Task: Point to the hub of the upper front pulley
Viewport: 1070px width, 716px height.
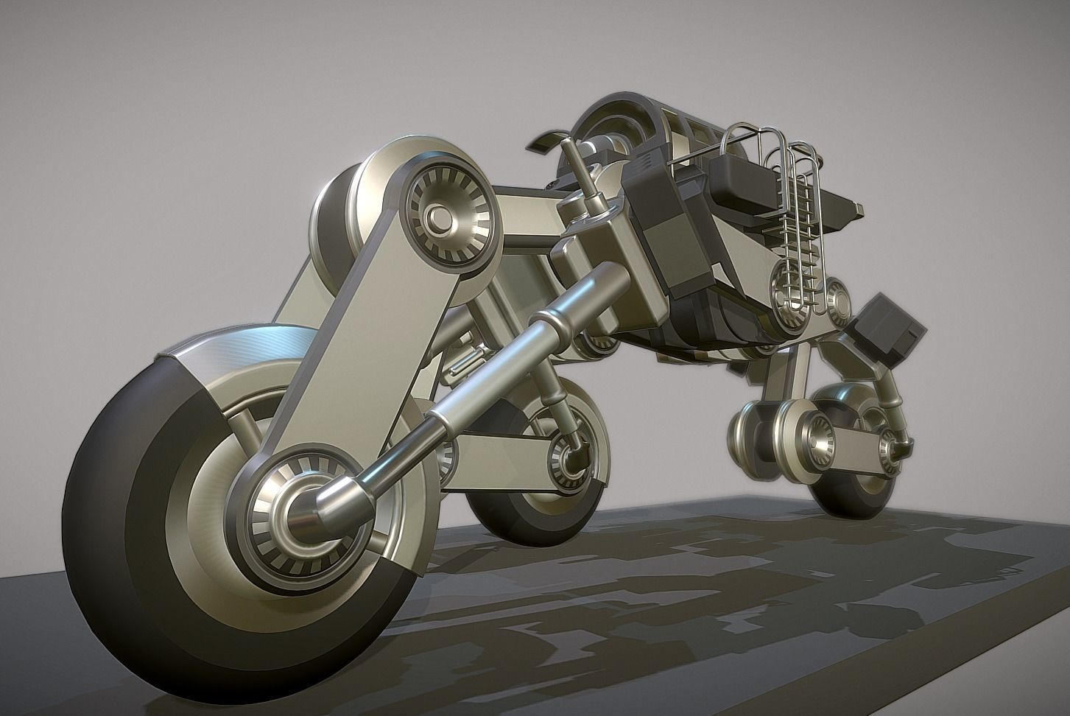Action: [x=440, y=216]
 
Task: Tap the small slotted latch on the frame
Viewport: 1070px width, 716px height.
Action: [x=463, y=364]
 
